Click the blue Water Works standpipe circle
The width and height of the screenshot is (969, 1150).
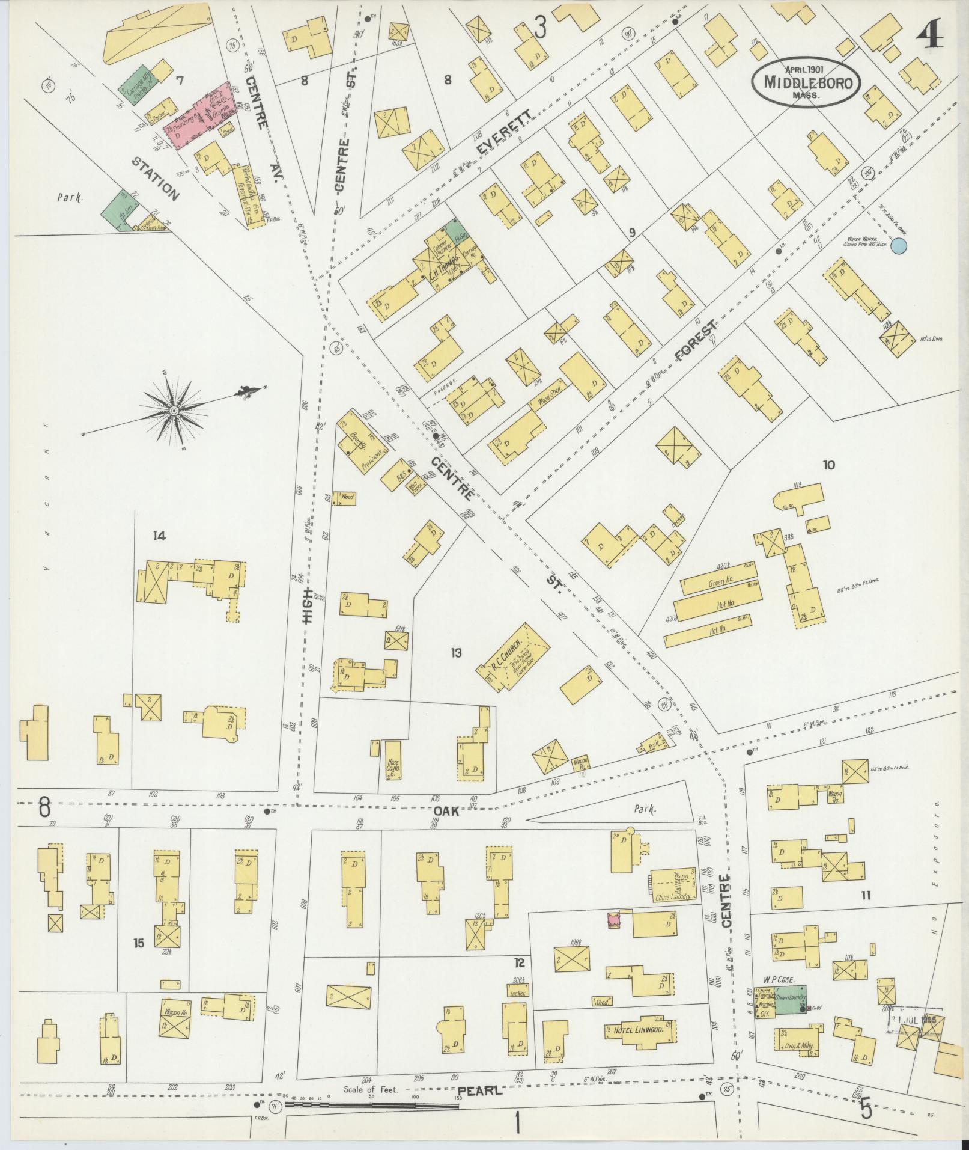pyautogui.click(x=898, y=245)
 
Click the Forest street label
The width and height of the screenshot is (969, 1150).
pyautogui.click(x=696, y=341)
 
